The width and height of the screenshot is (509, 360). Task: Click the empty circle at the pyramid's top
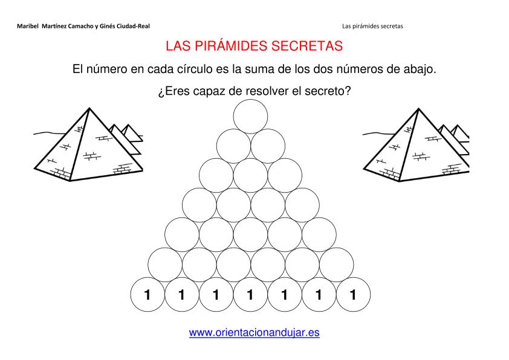click(x=250, y=117)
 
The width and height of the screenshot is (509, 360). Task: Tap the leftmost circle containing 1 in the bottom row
click(x=148, y=295)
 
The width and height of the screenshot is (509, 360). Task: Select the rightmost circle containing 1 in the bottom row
click(x=353, y=295)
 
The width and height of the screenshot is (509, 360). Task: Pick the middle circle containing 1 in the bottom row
click(x=250, y=295)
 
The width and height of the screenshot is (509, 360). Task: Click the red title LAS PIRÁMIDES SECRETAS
click(x=254, y=46)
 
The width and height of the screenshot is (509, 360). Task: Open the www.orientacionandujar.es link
click(x=254, y=332)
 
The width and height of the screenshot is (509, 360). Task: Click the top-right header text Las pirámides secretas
click(x=372, y=26)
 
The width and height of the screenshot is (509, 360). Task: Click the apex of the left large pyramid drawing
click(x=89, y=108)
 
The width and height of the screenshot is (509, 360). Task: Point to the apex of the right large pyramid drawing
click(x=418, y=109)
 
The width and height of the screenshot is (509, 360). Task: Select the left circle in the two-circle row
click(x=233, y=146)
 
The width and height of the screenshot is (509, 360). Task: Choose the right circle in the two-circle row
click(x=268, y=146)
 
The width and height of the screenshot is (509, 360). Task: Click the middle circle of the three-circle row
click(x=250, y=175)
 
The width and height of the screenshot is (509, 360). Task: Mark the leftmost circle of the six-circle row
click(x=165, y=265)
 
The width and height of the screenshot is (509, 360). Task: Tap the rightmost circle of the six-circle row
click(x=336, y=265)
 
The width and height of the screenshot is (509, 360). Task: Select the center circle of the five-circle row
click(x=250, y=235)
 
